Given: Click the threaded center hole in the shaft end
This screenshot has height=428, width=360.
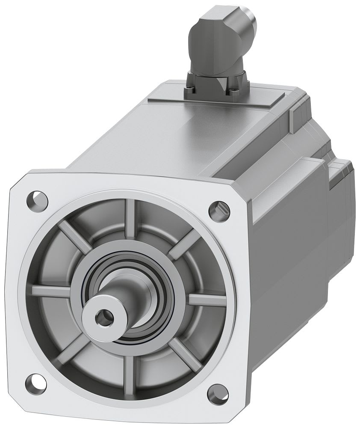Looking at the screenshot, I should (103, 317).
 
